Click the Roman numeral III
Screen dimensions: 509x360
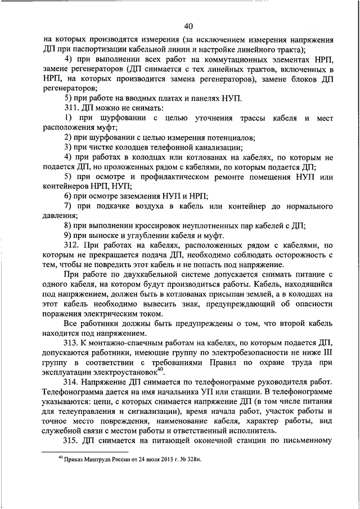(x=328, y=354)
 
